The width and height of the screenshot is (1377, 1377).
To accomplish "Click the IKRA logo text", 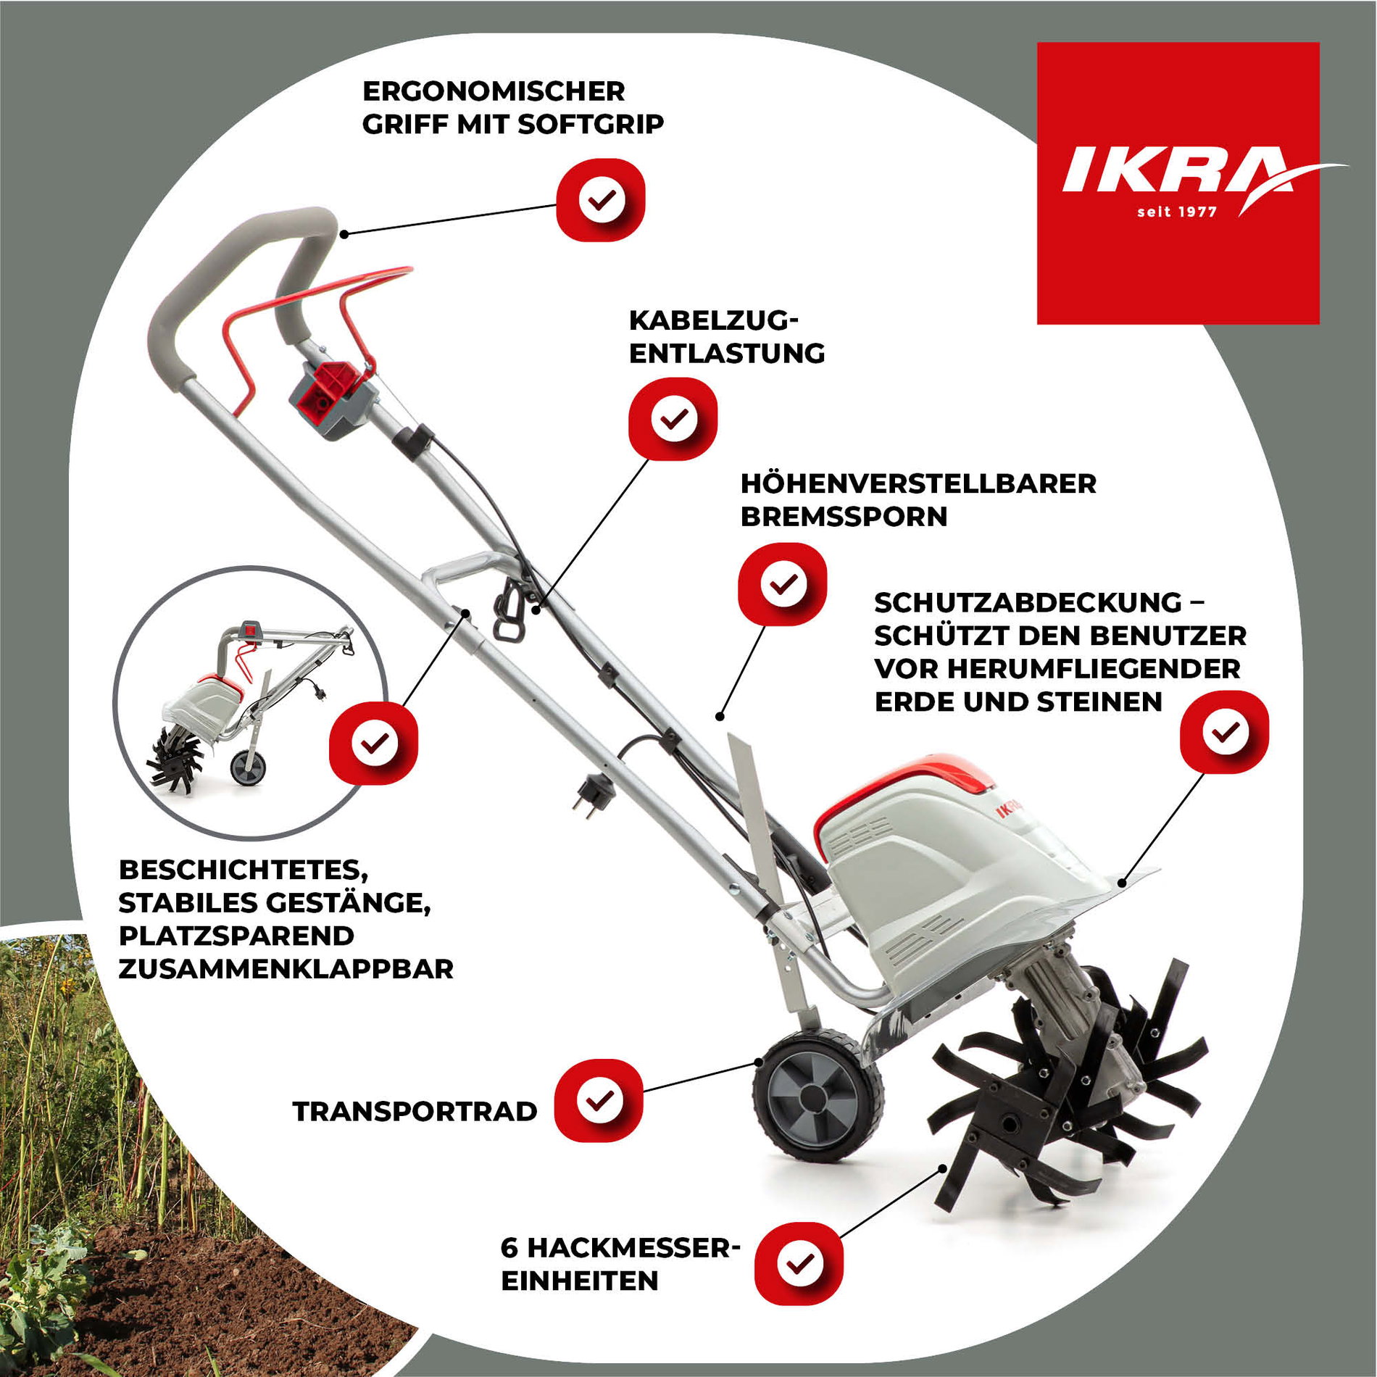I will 1174,171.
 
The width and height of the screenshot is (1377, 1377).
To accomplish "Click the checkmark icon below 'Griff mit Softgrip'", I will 601,199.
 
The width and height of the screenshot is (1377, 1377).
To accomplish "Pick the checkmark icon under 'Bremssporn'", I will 783,584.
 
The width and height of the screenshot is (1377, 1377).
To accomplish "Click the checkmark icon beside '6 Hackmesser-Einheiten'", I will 799,1262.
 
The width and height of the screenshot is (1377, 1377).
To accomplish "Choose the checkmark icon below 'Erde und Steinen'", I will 1225,731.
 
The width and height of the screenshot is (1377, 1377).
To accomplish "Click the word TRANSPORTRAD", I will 415,1111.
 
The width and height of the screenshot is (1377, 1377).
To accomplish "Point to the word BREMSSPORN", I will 844,517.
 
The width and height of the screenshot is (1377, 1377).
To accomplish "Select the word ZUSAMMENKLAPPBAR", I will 286,968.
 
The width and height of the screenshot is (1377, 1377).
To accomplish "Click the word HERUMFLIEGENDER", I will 1093,668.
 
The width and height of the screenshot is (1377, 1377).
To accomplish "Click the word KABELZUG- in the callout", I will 713,320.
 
